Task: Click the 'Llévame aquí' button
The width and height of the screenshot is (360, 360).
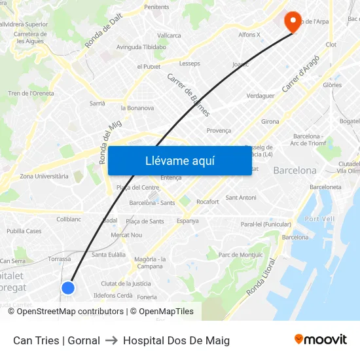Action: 179,161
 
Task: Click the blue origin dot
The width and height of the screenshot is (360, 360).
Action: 67,288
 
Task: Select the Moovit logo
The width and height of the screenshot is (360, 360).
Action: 320,340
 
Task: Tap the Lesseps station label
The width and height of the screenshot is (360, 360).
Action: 189,63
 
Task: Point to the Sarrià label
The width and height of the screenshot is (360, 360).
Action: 97,103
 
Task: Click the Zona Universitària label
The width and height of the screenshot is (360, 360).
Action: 44,176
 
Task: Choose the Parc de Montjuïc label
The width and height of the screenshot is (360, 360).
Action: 240,255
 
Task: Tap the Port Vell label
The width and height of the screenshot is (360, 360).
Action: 320,219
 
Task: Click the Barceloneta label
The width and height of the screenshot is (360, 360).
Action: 325,187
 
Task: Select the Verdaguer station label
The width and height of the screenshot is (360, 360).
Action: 261,96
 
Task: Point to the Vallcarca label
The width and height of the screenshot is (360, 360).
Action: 169,35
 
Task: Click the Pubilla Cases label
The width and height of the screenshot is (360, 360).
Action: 24,231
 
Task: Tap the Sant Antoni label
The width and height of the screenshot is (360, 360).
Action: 241,198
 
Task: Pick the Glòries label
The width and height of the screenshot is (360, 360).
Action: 332,85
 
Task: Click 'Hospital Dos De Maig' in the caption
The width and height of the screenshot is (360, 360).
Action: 176,340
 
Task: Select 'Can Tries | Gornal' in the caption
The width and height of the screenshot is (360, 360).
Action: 56,340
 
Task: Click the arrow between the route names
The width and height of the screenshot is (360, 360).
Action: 111,340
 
